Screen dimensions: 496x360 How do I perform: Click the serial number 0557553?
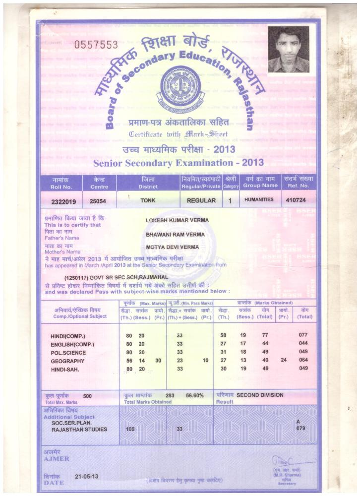tap(96, 45)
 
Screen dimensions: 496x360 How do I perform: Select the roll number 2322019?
tap(63, 201)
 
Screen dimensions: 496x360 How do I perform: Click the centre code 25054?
tap(97, 201)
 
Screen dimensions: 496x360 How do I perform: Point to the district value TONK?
tap(148, 200)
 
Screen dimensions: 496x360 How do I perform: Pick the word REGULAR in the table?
tap(201, 201)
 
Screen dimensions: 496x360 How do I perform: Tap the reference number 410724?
tap(297, 201)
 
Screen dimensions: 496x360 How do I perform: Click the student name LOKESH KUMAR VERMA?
tap(177, 220)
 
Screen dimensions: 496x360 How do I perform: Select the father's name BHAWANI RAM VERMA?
tap(175, 234)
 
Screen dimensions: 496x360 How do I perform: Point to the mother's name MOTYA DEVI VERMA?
tap(172, 247)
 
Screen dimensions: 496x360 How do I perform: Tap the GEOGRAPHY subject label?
tap(67, 361)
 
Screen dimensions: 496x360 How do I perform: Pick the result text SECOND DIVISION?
tap(260, 395)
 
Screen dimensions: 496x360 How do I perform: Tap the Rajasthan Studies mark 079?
tap(300, 429)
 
